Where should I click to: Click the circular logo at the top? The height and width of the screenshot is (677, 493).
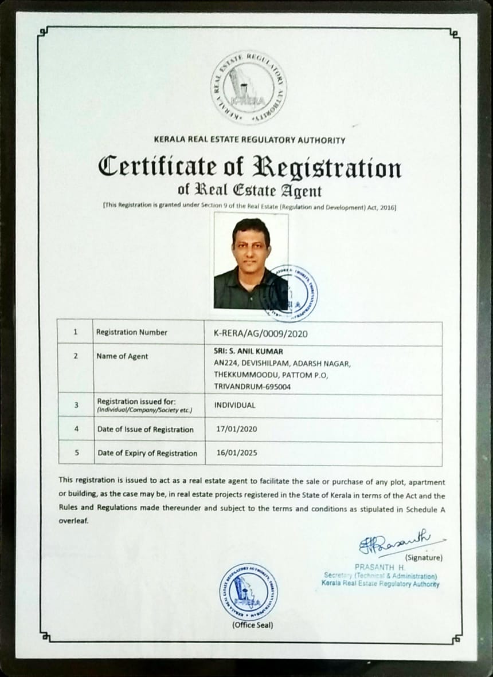coord(248,87)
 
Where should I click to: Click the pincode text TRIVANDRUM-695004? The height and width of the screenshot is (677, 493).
coord(252,387)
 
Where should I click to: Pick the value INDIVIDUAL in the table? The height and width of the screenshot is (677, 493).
coord(235,405)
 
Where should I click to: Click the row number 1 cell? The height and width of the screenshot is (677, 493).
coord(76,332)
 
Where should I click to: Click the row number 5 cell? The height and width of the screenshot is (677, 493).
coord(76,452)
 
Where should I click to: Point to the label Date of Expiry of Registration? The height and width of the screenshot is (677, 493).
coord(147,453)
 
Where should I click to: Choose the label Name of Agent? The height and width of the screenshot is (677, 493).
coord(122,356)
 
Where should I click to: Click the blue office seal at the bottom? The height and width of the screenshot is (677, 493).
coord(248,592)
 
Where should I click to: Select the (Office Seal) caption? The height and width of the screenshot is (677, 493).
coord(252,624)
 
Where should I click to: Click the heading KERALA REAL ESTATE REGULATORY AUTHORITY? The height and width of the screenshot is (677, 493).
coord(250,140)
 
